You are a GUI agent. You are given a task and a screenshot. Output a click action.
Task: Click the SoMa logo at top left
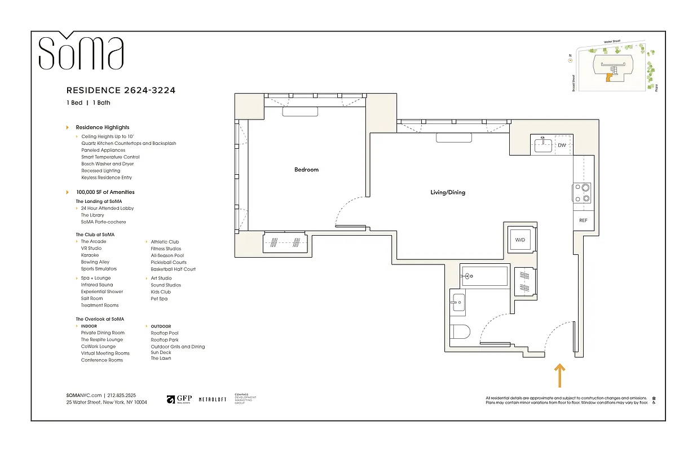tap(81, 52)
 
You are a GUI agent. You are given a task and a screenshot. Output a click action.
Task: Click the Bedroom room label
tap(306, 170)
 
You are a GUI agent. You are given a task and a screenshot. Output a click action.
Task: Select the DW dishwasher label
tap(562, 145)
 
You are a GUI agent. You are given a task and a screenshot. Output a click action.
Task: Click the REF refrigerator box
tap(583, 220)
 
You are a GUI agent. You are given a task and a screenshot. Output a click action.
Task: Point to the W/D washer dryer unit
tap(519, 240)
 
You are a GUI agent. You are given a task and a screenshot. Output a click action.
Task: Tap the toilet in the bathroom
tap(460, 333)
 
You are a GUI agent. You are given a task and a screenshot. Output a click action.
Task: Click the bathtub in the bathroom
tap(484, 276)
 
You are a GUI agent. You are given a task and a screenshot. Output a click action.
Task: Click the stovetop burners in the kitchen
tap(583, 193)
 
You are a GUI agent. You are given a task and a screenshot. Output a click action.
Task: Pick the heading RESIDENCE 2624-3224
tap(125, 90)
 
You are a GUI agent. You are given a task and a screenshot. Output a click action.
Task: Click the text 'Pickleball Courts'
tap(169, 262)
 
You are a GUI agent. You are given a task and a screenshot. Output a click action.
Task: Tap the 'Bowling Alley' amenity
tap(95, 262)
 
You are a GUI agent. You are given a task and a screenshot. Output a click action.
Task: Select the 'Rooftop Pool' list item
tap(165, 333)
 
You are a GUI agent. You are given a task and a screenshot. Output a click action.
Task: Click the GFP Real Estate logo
tap(179, 399)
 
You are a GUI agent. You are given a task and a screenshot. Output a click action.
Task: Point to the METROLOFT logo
tap(213, 399)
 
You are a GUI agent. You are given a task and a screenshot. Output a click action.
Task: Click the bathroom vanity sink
tap(457, 302)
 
